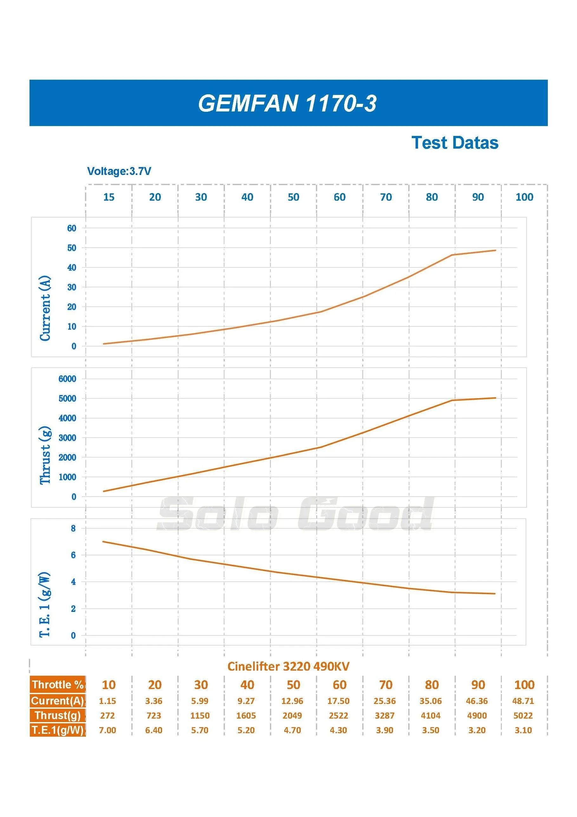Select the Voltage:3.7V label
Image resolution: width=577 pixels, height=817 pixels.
tap(119, 171)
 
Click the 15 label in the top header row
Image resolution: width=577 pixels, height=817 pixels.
tap(109, 197)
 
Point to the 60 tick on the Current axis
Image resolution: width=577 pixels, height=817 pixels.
tap(71, 228)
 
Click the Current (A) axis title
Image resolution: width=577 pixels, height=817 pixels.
tap(45, 308)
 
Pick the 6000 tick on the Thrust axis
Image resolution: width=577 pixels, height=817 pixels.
tap(67, 378)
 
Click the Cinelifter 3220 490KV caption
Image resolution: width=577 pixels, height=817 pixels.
tap(288, 666)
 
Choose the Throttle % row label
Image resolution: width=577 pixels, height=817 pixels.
tap(58, 685)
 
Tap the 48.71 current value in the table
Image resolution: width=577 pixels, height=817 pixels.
tap(523, 701)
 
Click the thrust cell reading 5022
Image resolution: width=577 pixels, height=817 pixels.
tap(523, 716)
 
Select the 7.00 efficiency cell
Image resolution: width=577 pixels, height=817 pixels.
tap(107, 730)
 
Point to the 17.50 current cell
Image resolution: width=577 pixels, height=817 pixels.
tap(338, 701)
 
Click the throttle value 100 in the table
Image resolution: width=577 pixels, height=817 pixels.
tap(524, 685)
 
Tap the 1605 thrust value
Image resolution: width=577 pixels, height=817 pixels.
tap(246, 716)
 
